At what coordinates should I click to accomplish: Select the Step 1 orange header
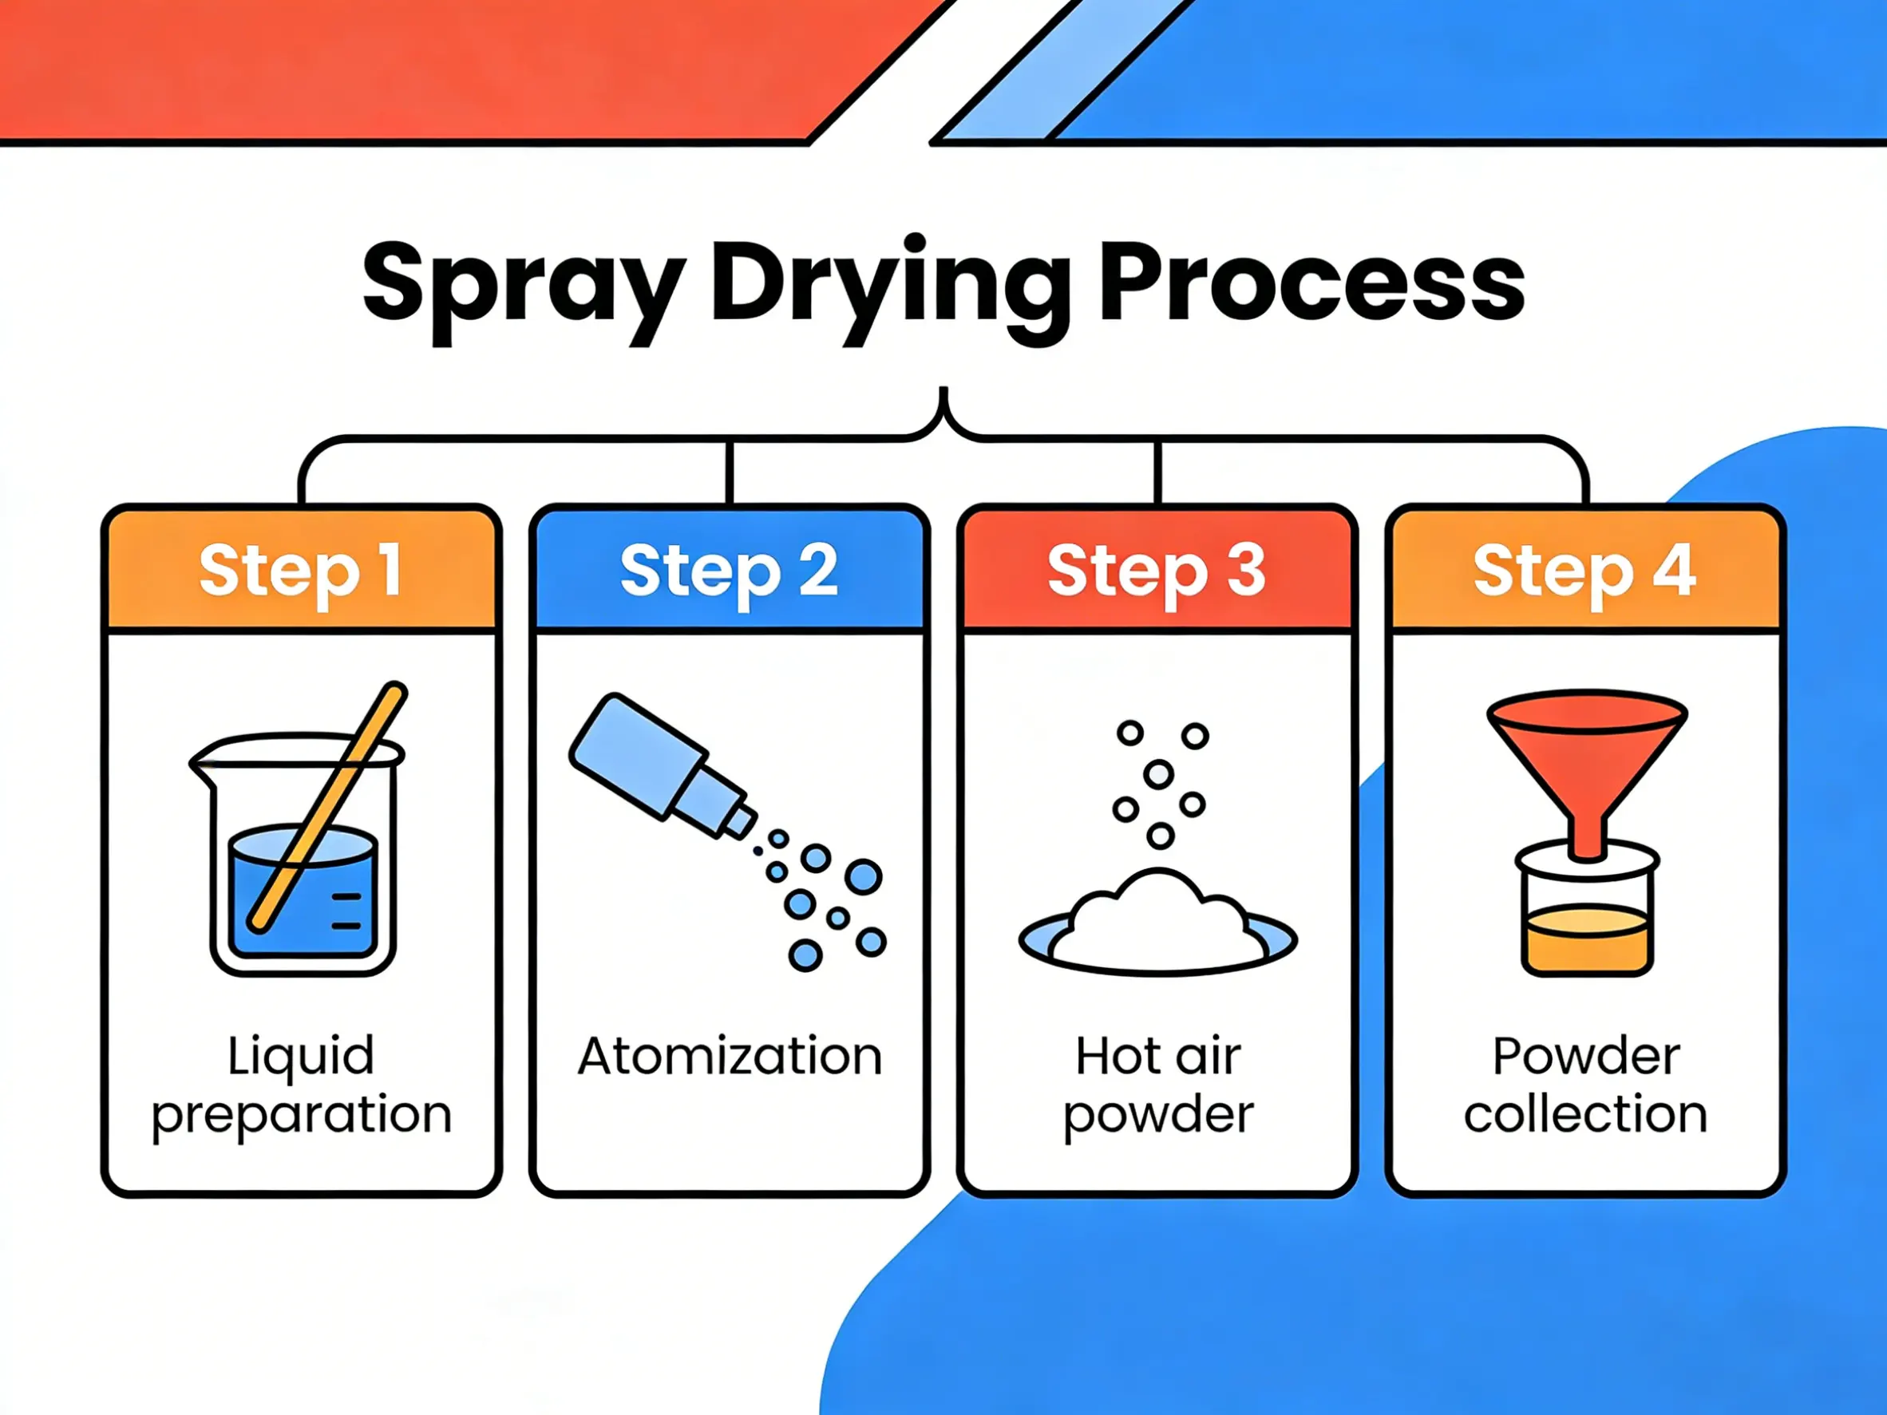[x=301, y=570]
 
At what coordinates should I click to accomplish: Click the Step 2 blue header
[x=730, y=570]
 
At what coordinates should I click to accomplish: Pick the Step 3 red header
[x=1157, y=570]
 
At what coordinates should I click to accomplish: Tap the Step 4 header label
[x=1585, y=570]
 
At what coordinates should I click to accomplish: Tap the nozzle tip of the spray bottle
[x=741, y=820]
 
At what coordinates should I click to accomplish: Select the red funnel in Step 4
[x=1587, y=750]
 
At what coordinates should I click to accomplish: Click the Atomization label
[x=730, y=1056]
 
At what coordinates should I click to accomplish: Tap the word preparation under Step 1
[x=301, y=1114]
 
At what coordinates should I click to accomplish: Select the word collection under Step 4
[x=1585, y=1114]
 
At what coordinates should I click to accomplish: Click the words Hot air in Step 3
[x=1157, y=1056]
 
